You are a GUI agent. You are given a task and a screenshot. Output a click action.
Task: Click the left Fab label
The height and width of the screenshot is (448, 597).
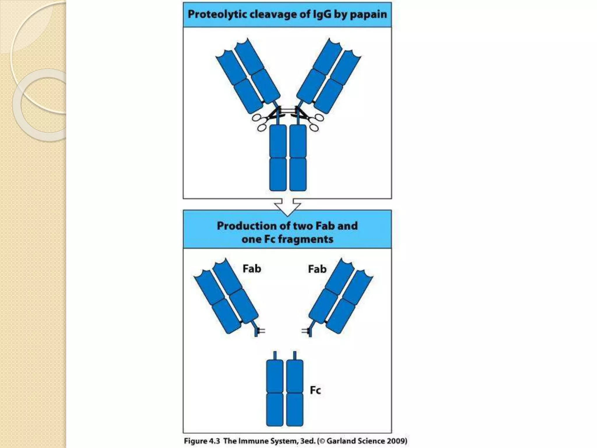[x=252, y=269]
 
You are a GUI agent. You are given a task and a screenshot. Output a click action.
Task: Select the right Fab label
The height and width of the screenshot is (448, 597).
[x=317, y=269]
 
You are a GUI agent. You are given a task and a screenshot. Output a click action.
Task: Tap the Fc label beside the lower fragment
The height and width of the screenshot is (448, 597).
[x=315, y=390]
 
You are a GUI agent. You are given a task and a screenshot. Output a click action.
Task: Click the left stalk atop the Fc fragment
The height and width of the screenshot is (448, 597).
[x=275, y=355]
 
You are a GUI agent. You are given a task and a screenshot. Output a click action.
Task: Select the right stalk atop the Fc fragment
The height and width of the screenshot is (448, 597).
[x=295, y=355]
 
